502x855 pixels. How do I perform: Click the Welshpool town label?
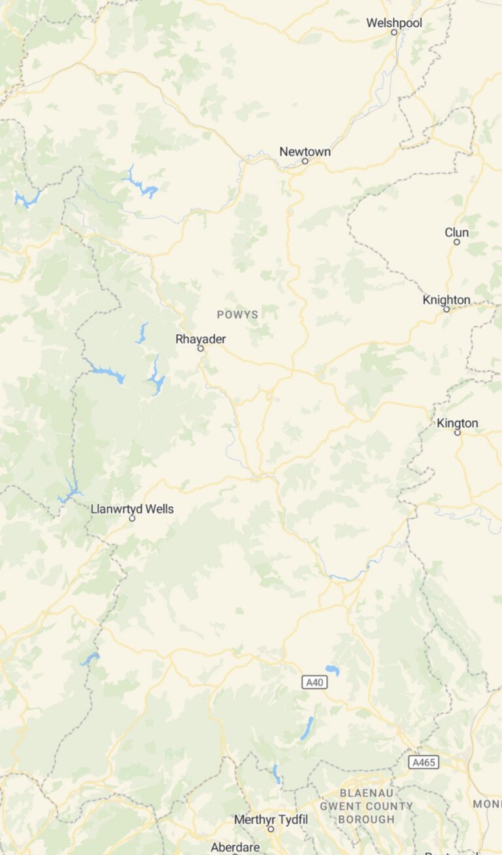[x=393, y=23]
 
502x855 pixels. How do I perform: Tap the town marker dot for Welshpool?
[x=394, y=32]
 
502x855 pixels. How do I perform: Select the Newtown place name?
[x=305, y=152]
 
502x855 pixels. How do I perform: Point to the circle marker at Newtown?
[x=305, y=161]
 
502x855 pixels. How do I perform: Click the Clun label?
[x=456, y=233]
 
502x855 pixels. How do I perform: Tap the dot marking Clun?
[x=457, y=242]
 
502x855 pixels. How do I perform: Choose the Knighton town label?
[x=446, y=300]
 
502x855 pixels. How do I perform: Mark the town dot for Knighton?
[x=446, y=309]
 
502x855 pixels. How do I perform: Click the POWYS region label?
[x=237, y=315]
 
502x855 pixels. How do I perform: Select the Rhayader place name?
[x=200, y=339]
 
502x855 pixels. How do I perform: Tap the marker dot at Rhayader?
[x=201, y=349]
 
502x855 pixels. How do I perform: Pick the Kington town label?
[x=458, y=423]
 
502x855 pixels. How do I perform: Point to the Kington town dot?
[x=458, y=432]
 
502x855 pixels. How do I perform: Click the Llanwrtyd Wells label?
[x=132, y=509]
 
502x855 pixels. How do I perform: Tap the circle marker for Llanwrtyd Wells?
[x=132, y=518]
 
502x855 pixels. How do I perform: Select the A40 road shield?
[x=314, y=682]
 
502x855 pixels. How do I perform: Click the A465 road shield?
[x=424, y=762]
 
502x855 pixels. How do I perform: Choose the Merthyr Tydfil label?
[x=271, y=820]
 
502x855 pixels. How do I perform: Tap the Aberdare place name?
[x=235, y=847]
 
